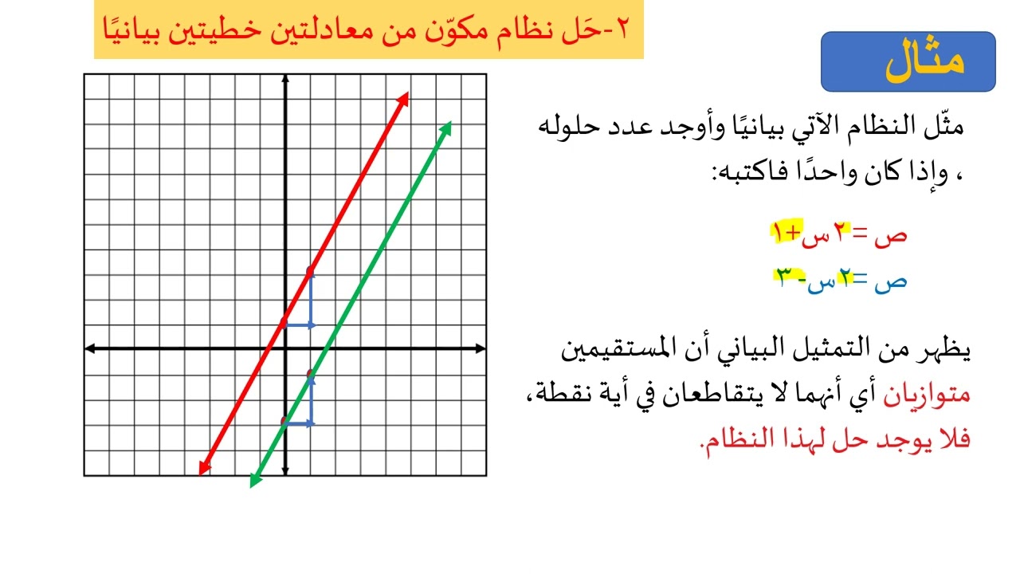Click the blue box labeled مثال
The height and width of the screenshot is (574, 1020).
point(908,61)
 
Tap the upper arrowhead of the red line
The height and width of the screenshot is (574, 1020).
point(405,97)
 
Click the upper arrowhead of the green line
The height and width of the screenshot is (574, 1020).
point(447,127)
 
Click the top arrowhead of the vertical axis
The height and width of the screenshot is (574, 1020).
point(284,80)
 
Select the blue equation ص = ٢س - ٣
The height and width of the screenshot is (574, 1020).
point(840,280)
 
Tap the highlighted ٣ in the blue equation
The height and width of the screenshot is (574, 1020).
point(784,277)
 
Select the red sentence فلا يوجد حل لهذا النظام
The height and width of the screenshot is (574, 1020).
point(834,438)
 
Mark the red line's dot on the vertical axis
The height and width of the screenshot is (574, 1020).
point(284,322)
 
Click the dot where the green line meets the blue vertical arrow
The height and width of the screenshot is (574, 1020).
point(311,374)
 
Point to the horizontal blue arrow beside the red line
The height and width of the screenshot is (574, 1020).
point(300,325)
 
